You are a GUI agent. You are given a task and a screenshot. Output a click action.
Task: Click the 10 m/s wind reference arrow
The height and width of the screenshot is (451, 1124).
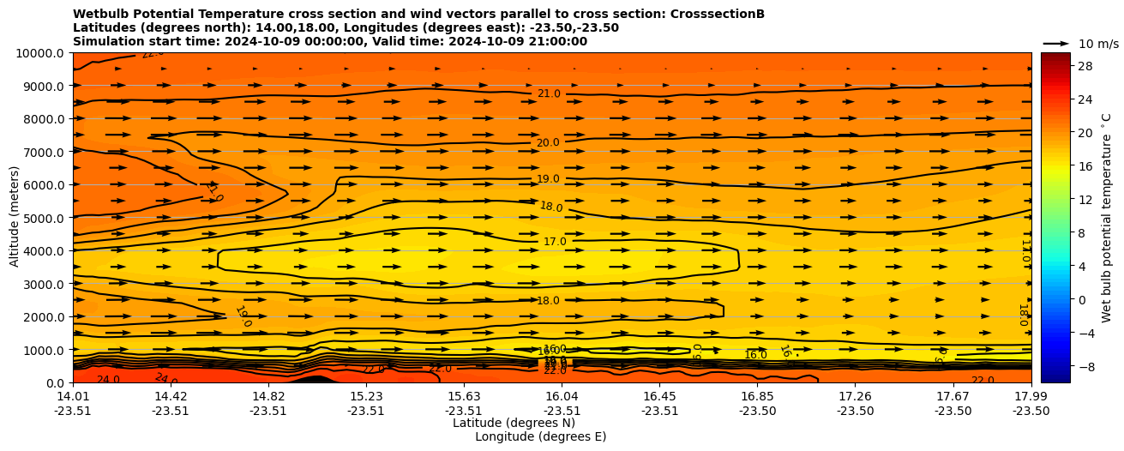pyautogui.click(x=1056, y=43)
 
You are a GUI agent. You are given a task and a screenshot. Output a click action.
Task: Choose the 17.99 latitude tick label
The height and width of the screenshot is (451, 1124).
pyautogui.click(x=1031, y=396)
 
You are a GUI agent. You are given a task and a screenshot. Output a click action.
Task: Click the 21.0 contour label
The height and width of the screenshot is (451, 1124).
pyautogui.click(x=549, y=93)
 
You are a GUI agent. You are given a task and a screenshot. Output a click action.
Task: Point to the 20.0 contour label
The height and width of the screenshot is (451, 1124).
pyautogui.click(x=548, y=142)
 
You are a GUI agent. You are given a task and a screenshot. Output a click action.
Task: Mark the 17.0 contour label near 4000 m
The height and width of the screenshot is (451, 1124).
pyautogui.click(x=555, y=242)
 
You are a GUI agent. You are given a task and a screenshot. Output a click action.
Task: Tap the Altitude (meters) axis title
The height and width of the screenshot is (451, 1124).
pyautogui.click(x=15, y=217)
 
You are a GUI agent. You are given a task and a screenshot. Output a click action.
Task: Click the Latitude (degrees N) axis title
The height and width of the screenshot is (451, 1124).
pyautogui.click(x=514, y=423)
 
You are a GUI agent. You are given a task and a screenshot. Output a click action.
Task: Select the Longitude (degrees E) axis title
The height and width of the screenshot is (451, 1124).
pyautogui.click(x=540, y=436)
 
